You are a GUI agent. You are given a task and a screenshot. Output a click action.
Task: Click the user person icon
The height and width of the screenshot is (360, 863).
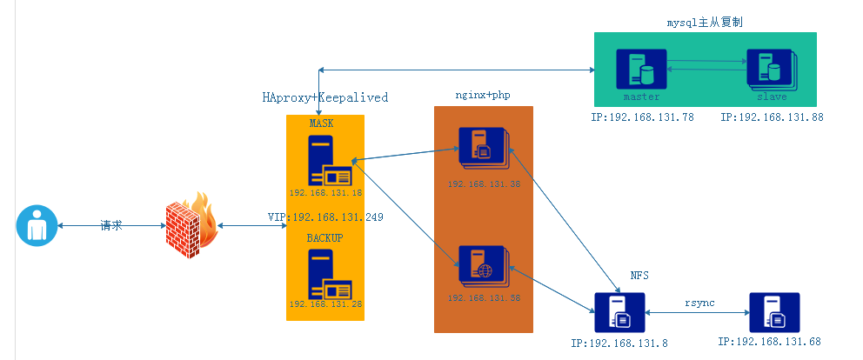(x=36, y=226)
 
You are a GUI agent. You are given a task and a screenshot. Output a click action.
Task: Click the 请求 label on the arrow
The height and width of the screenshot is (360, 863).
(x=111, y=225)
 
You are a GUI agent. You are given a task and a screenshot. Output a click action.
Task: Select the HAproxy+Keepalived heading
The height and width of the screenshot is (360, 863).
(x=324, y=97)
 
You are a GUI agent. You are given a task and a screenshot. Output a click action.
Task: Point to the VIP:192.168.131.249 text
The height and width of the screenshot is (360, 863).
(x=325, y=216)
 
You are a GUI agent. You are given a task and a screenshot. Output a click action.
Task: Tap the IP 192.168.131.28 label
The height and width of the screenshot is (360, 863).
(x=325, y=304)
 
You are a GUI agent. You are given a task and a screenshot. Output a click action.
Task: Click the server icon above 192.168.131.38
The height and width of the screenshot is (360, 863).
(x=482, y=148)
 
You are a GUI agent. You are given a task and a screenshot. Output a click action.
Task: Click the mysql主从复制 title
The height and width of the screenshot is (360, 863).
(x=706, y=20)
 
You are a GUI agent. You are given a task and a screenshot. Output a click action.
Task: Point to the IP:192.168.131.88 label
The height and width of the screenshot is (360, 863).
(x=772, y=117)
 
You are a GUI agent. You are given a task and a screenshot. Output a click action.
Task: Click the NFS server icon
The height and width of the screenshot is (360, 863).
(x=619, y=314)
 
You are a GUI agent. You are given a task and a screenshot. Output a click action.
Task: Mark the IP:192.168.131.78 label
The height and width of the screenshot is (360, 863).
(x=642, y=117)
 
